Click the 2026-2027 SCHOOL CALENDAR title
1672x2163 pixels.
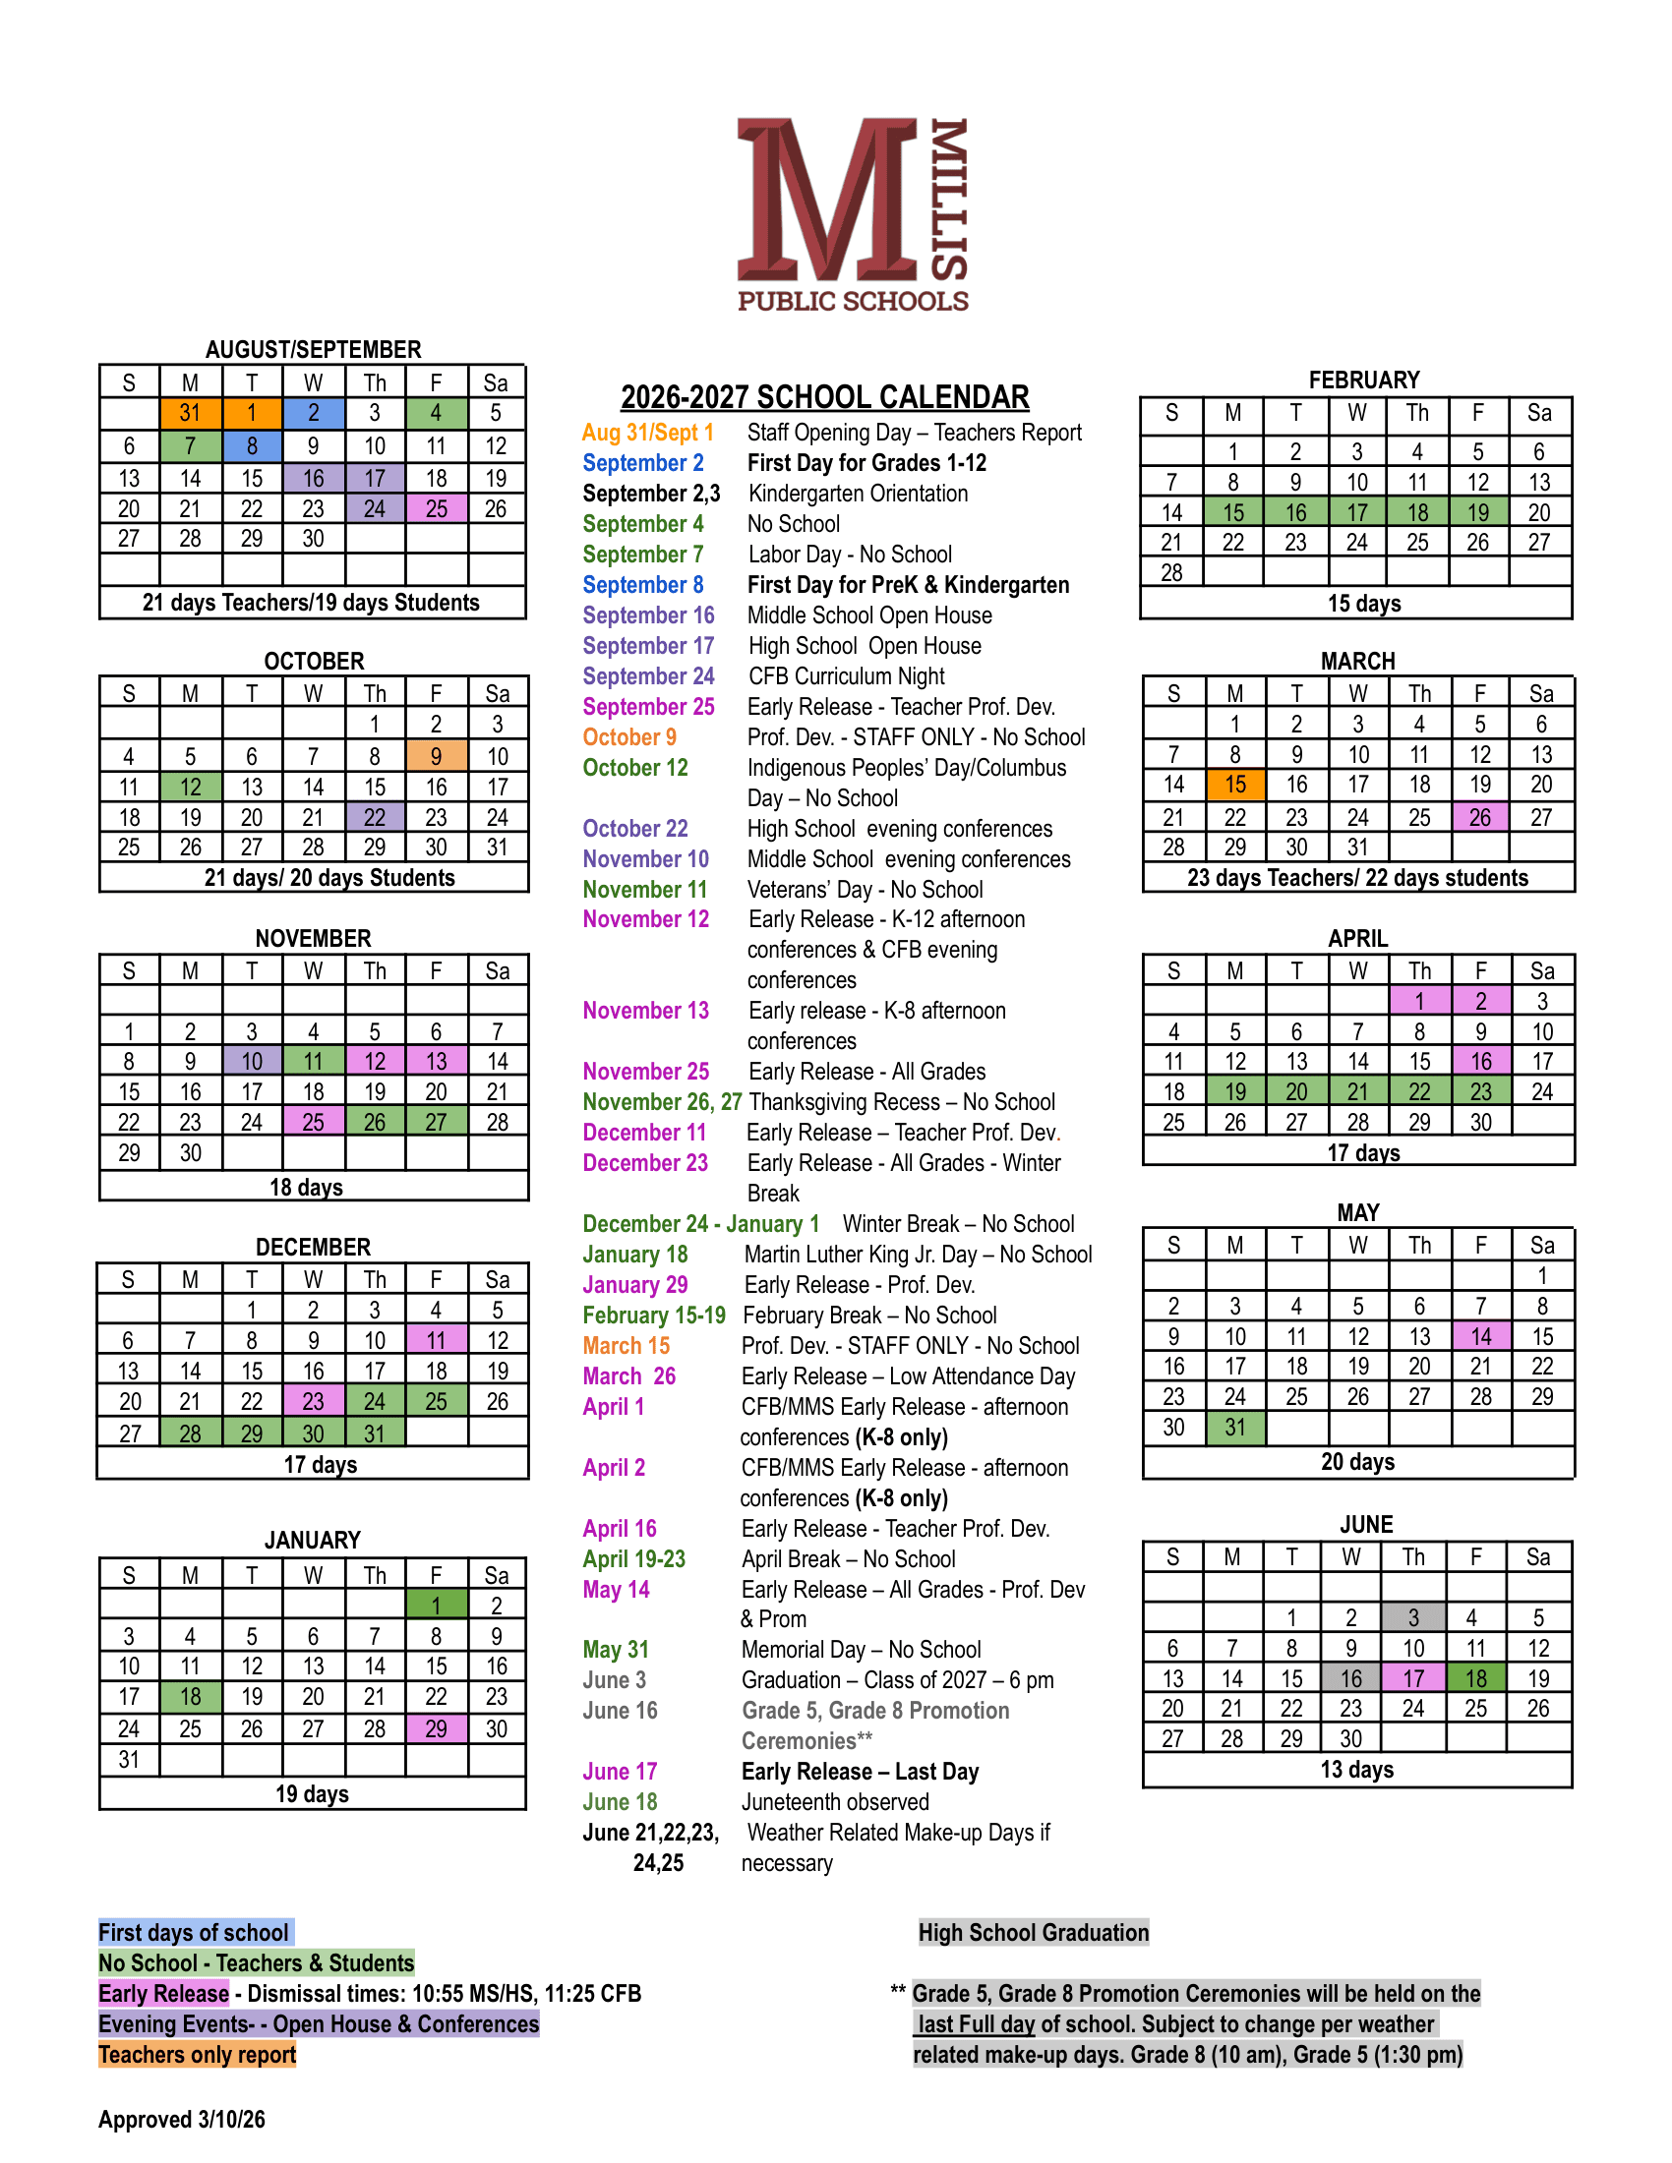pos(824,397)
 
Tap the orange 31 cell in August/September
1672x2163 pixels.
pos(190,413)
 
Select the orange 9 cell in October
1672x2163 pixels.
pos(436,757)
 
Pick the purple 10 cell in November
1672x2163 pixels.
pos(252,1062)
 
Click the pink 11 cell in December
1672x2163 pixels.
pos(436,1341)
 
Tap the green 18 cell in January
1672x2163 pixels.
pos(190,1697)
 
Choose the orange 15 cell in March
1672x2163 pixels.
pos(1234,785)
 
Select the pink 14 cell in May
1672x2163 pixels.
pos(1481,1337)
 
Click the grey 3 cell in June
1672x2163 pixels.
pos(1413,1617)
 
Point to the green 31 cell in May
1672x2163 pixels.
pos(1234,1428)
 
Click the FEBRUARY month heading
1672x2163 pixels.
pos(1363,380)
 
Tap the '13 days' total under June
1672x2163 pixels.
pos(1356,1769)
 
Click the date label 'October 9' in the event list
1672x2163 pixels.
pos(630,737)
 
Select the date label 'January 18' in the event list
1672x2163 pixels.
pos(635,1255)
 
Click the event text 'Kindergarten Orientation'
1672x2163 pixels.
pos(858,495)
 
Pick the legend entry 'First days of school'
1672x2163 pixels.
pos(194,1932)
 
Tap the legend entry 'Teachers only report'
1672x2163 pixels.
pos(197,2055)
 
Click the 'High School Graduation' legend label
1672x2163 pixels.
pos(1033,1932)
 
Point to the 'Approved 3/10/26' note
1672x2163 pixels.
pos(182,2120)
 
